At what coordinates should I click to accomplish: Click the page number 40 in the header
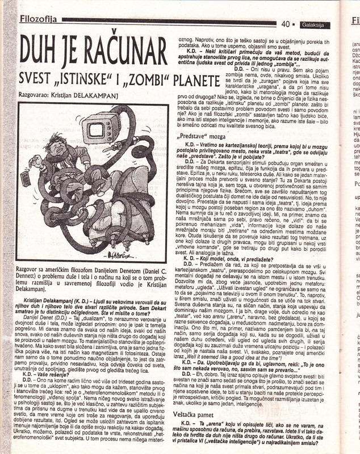(x=286, y=24)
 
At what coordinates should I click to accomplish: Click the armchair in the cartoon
(x=114, y=210)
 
